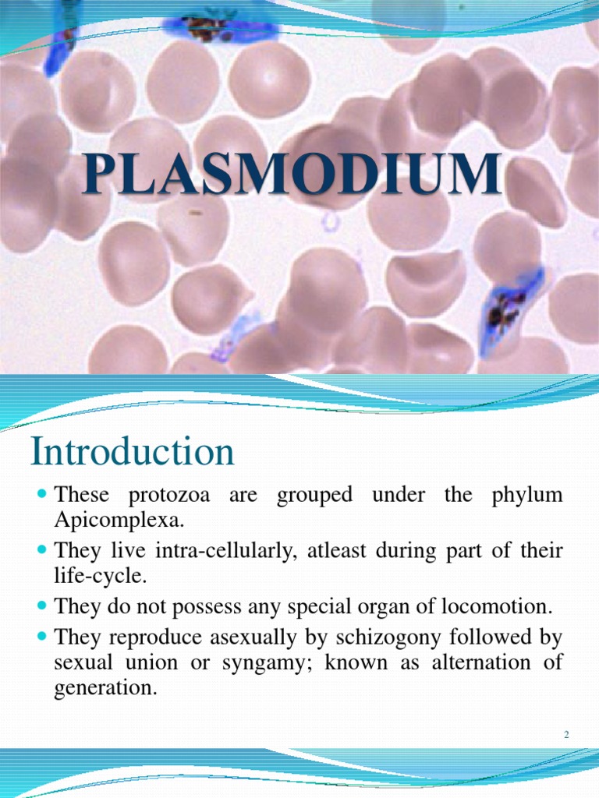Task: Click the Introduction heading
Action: tap(132, 452)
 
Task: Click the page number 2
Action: tap(567, 735)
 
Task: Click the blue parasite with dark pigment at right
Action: tap(506, 311)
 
